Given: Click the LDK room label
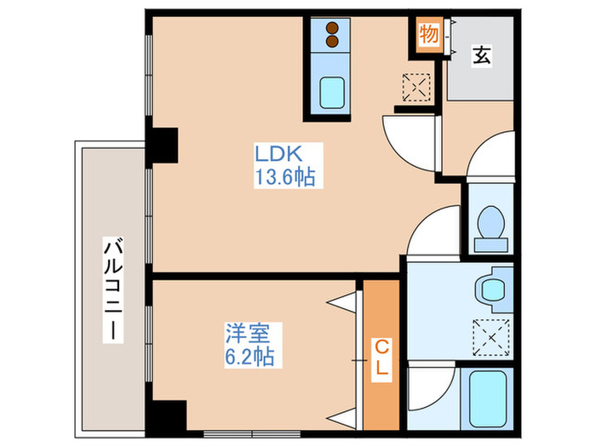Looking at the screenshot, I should click(x=276, y=156).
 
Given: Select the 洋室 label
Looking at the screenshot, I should click(x=242, y=332).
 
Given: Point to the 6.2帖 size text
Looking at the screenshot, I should click(x=248, y=356).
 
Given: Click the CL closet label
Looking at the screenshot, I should click(x=382, y=357).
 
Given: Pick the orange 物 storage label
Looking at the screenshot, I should click(x=428, y=35).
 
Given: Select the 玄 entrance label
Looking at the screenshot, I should click(x=482, y=56).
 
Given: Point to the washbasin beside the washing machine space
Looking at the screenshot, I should click(x=491, y=287).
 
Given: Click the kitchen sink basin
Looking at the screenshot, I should click(x=329, y=92).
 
